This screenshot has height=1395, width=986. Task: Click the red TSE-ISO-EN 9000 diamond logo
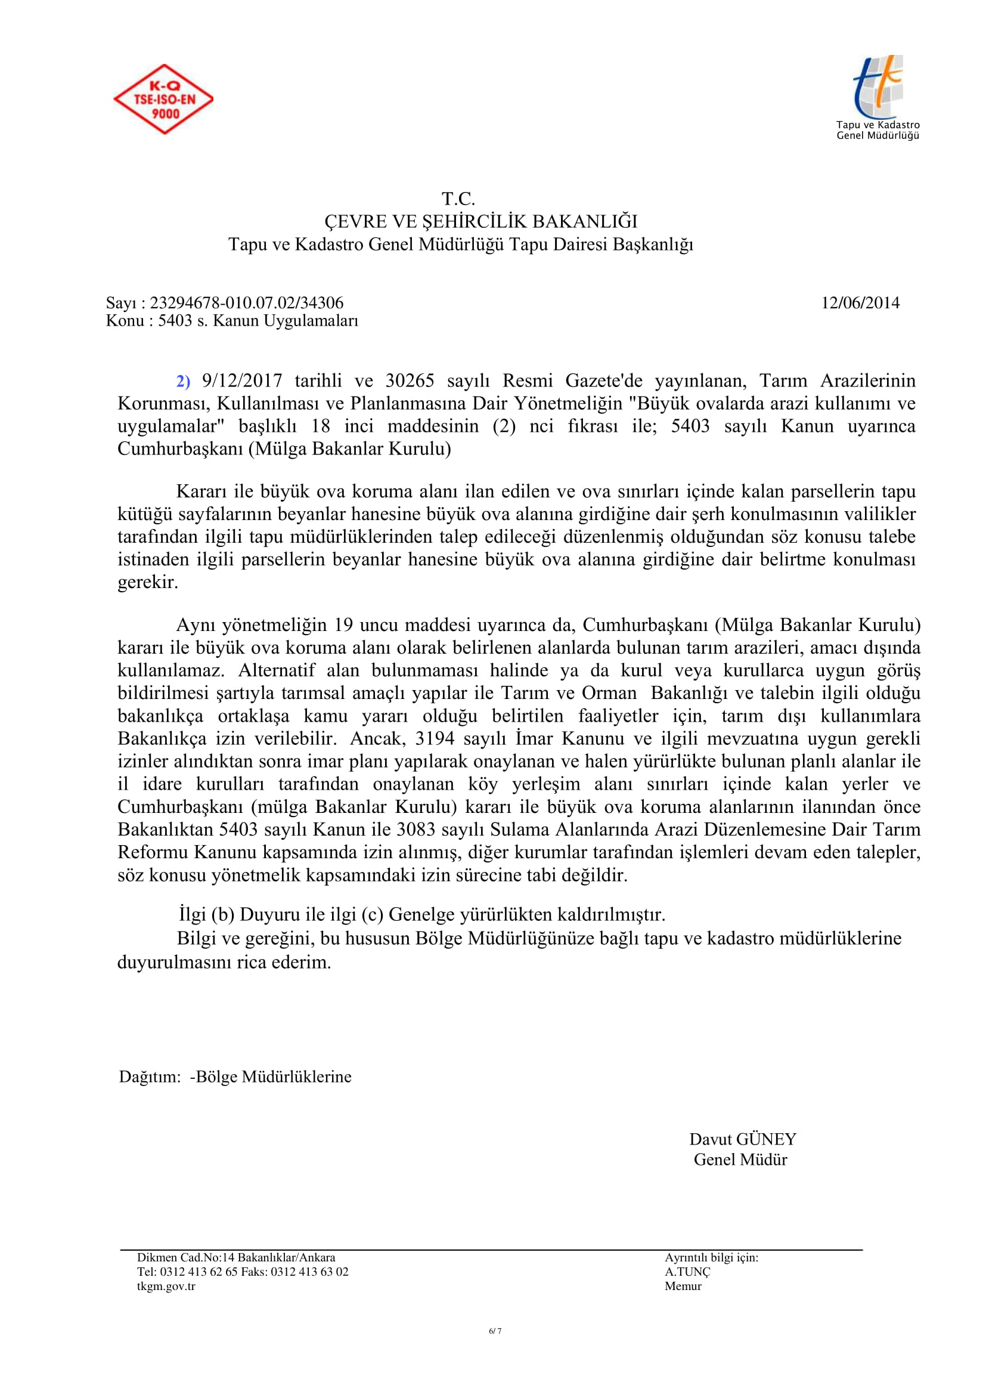pos(163,99)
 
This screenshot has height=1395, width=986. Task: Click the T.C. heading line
pos(458,199)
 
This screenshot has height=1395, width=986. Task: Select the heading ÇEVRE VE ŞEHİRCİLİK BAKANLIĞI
pos(481,221)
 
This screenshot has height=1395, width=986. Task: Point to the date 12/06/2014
pos(860,302)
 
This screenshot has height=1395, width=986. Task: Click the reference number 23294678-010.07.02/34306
pos(247,302)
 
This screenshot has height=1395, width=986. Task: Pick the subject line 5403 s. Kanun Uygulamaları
pos(258,320)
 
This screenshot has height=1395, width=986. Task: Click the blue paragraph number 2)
pos(184,382)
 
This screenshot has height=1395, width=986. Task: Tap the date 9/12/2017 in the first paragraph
pos(242,381)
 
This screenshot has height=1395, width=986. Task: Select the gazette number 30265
pos(410,381)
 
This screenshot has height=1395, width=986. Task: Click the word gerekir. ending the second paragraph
pos(147,582)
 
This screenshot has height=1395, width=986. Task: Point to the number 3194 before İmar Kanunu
pos(435,739)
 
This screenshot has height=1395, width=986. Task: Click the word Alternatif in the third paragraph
pos(276,671)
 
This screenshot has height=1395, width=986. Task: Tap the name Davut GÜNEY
pos(743,1139)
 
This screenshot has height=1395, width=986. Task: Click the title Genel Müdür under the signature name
pos(740,1159)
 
